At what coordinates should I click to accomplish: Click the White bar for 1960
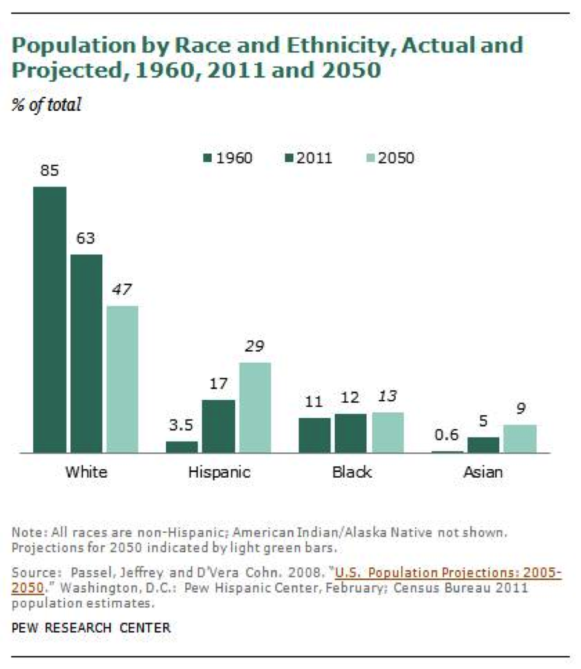pos(50,319)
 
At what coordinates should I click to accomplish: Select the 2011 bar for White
pos(86,353)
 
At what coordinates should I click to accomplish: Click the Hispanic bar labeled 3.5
pos(182,447)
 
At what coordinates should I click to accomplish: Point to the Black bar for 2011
pos(350,433)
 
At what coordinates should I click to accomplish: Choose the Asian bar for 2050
pos(520,438)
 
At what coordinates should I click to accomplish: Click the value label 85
pos(50,171)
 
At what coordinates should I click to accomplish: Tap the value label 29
pos(254,347)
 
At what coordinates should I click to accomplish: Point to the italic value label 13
pos(387,397)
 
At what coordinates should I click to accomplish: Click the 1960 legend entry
pos(227,159)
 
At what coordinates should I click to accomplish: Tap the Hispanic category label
pos(218,472)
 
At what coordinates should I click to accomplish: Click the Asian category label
pos(483,472)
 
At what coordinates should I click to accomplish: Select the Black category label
pos(352,472)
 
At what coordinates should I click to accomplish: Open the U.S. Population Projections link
pos(448,573)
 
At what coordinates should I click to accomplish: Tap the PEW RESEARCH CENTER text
pos(91,628)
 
